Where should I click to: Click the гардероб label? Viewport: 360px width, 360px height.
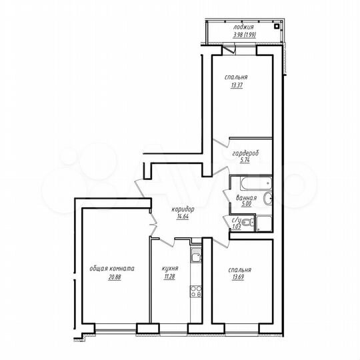pos(245,153)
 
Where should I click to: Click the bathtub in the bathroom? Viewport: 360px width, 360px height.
pos(251,183)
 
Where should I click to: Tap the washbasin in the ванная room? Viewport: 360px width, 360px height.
pos(267,198)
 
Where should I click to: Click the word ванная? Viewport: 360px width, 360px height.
pos(246,198)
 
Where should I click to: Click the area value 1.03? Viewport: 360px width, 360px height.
pos(236,228)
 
